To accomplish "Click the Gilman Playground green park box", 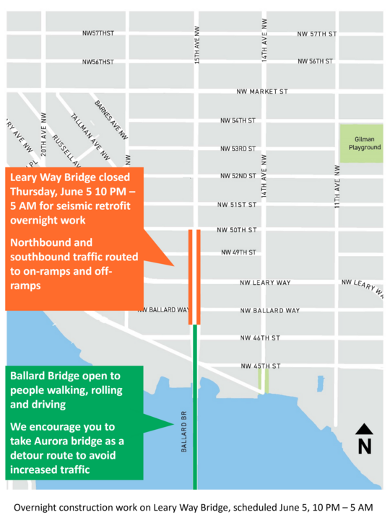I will coord(361,143).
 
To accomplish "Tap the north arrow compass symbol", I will coord(365,439).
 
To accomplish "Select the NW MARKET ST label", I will coord(262,92).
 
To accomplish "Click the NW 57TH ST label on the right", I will coord(317,34).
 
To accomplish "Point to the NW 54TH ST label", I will coord(238,120).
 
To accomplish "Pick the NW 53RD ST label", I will coord(238,149).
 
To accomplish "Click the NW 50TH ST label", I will coord(237,230).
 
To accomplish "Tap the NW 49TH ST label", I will coord(239,252).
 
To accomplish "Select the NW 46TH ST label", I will coord(260,338).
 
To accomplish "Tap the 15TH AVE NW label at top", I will coord(197,45).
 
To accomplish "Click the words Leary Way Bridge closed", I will coord(70,177).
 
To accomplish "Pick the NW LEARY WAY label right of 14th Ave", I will coord(265,283).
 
